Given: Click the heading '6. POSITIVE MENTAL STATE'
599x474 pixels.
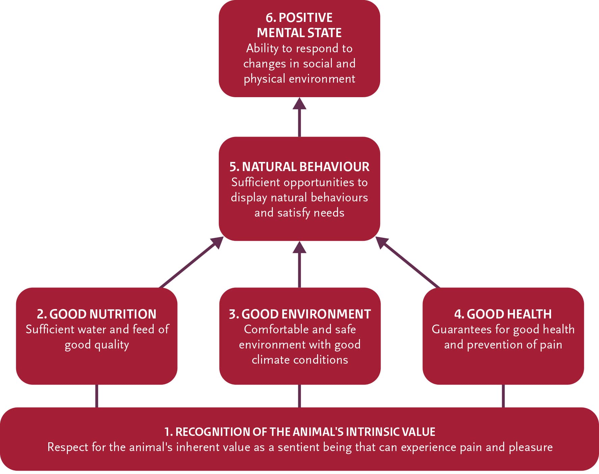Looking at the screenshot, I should point(299,25).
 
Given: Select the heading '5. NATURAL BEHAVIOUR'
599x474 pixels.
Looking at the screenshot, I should point(299,167).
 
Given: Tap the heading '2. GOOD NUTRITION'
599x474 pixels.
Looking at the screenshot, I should point(97,314).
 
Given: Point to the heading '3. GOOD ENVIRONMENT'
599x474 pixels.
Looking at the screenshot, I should point(299,314).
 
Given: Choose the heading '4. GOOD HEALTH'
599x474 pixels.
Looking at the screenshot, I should point(503,314).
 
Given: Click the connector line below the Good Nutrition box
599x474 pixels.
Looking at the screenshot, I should point(97,396).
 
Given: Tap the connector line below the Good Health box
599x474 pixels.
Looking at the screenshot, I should point(503,396).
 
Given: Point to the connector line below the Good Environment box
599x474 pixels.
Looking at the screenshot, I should point(299,396).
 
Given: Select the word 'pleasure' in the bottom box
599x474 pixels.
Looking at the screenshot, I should point(530,447).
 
